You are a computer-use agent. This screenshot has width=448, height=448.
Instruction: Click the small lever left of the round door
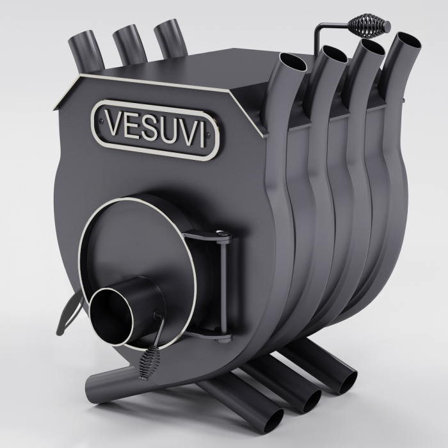(x=70, y=307)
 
